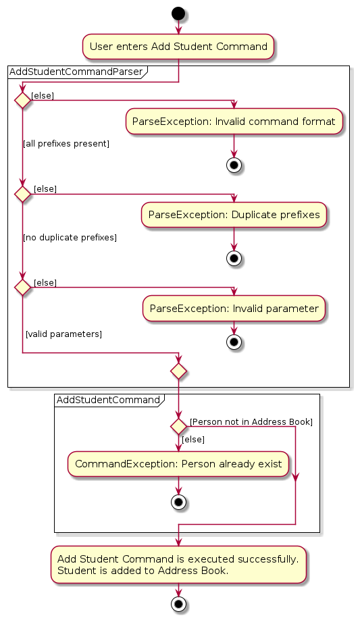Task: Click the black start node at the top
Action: pyautogui.click(x=178, y=14)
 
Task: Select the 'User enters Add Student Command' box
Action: pyautogui.click(x=178, y=47)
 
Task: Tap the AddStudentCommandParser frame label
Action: pyautogui.click(x=76, y=72)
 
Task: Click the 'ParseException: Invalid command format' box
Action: pyautogui.click(x=234, y=122)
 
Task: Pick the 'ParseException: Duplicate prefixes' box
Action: pyautogui.click(x=234, y=215)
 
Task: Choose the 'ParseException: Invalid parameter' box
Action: pyautogui.click(x=234, y=308)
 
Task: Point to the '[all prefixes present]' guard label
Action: pyautogui.click(x=66, y=144)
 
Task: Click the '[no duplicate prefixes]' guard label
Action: pyautogui.click(x=70, y=237)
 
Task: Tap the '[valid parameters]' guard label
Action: pyautogui.click(x=63, y=334)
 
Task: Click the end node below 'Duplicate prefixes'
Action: pyautogui.click(x=234, y=258)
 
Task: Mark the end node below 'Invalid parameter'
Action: pyautogui.click(x=234, y=342)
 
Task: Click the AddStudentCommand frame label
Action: pyautogui.click(x=108, y=400)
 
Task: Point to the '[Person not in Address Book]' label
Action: pyautogui.click(x=251, y=421)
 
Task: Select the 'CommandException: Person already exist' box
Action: pyautogui.click(x=178, y=464)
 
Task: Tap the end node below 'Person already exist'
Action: pyautogui.click(x=178, y=502)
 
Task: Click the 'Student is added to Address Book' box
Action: pyautogui.click(x=178, y=565)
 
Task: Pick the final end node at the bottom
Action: pyautogui.click(x=178, y=604)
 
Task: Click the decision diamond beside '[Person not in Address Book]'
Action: pyautogui.click(x=178, y=426)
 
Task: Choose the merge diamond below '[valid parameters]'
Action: pyautogui.click(x=178, y=371)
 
